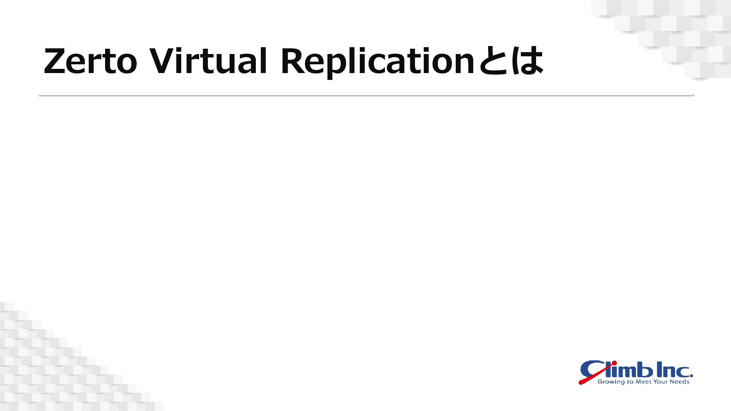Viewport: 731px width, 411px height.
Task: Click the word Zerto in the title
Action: pyautogui.click(x=90, y=61)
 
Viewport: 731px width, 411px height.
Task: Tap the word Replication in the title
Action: pyautogui.click(x=377, y=62)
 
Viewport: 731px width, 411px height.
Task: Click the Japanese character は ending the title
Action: pyautogui.click(x=527, y=61)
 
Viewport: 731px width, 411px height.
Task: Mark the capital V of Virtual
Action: pyautogui.click(x=161, y=61)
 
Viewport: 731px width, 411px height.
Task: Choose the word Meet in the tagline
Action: pyautogui.click(x=643, y=381)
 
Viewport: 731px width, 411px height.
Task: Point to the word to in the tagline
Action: pyautogui.click(x=630, y=381)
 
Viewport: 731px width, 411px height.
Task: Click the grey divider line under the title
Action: pyautogui.click(x=365, y=95)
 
